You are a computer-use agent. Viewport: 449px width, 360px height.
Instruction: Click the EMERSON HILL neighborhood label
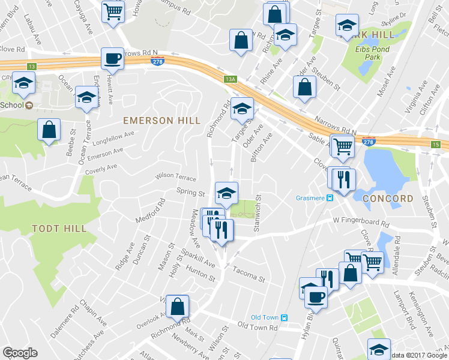[161, 121]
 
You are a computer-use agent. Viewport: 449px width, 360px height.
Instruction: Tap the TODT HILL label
[59, 229]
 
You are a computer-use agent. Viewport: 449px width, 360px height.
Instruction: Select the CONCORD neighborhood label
[388, 199]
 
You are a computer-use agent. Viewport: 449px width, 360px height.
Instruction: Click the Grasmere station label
[311, 198]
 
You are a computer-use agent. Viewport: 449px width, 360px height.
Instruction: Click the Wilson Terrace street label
[176, 178]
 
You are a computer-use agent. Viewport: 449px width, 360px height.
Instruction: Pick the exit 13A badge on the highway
[231, 79]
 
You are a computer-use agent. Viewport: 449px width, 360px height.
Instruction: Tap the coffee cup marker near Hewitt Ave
[112, 59]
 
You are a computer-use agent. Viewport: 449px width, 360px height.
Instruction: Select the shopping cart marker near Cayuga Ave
[113, 11]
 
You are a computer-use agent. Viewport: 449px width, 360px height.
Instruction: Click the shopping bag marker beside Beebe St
[49, 130]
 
